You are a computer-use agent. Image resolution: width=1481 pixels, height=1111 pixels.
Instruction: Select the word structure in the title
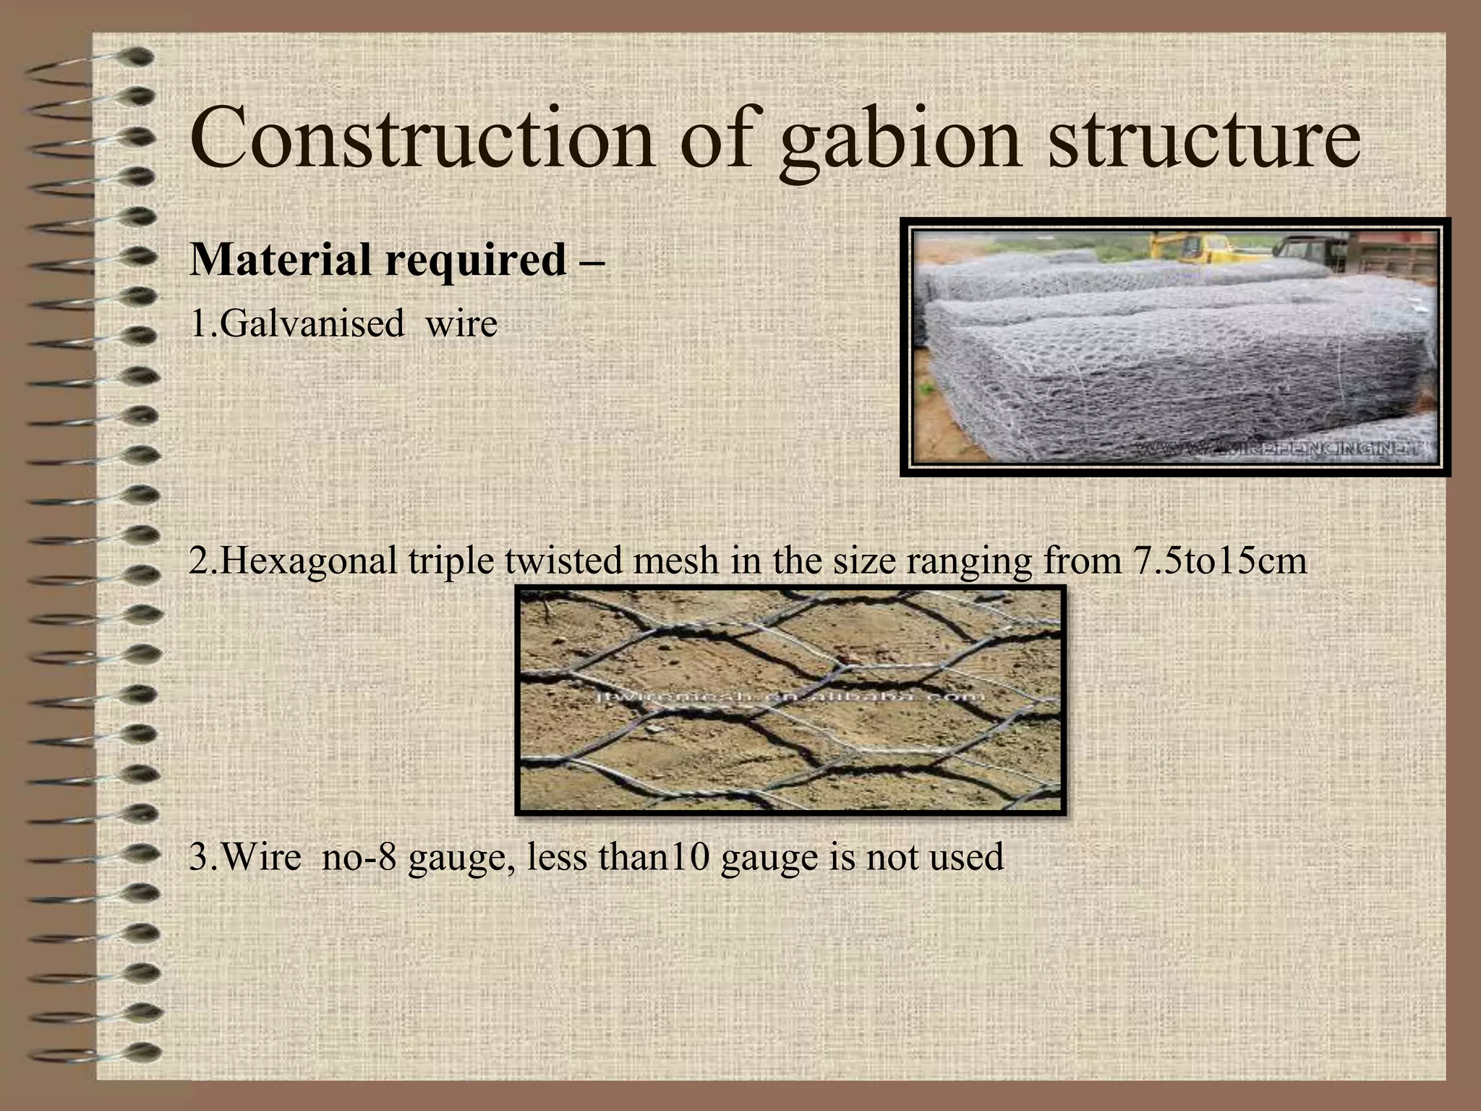click(x=1204, y=137)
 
